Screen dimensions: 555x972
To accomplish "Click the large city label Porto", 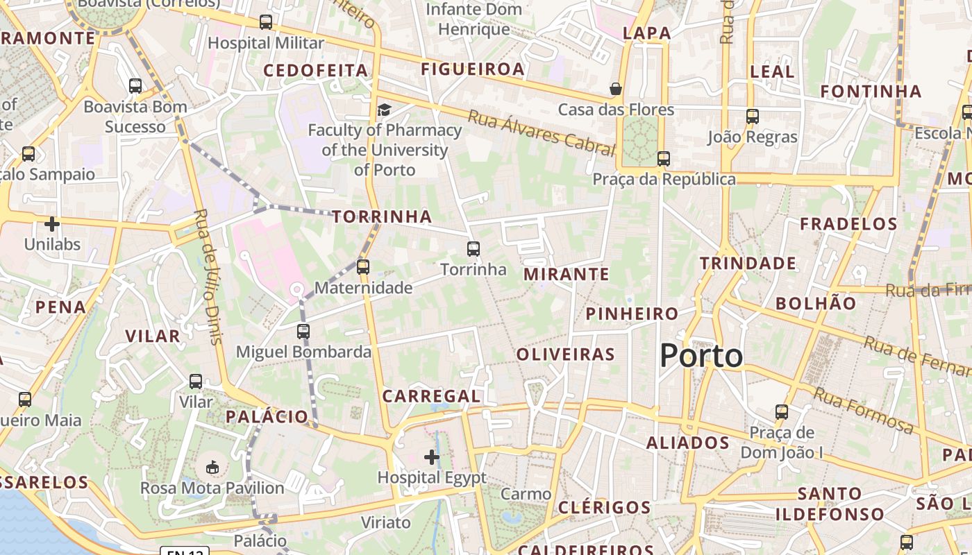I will (701, 356).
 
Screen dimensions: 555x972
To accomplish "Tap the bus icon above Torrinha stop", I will (474, 248).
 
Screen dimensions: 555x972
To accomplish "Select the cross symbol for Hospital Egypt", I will (432, 456).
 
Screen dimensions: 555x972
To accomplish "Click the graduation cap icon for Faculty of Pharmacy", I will (384, 110).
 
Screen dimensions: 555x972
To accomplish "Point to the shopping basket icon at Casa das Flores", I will (615, 89).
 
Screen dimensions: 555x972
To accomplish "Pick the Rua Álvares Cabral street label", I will (542, 133).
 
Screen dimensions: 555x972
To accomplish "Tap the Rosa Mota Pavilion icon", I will (212, 468).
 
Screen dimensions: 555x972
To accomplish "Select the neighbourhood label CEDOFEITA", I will (315, 70).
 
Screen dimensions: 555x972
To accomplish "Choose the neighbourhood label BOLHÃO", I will (816, 303).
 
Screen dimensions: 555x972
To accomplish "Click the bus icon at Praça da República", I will (664, 159).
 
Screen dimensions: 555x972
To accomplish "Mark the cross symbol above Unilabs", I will (52, 224).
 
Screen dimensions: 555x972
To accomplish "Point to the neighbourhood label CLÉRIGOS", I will (605, 507).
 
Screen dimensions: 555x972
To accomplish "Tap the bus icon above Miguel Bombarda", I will (303, 331).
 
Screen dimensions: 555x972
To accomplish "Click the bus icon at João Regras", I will (753, 116).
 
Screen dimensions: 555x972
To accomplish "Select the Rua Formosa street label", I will (864, 410).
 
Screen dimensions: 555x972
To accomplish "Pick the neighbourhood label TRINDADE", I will (748, 263).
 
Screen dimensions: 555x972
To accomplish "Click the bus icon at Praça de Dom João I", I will (782, 412).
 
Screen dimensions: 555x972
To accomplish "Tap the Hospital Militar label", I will (266, 43).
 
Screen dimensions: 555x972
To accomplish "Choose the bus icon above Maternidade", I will (363, 266).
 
